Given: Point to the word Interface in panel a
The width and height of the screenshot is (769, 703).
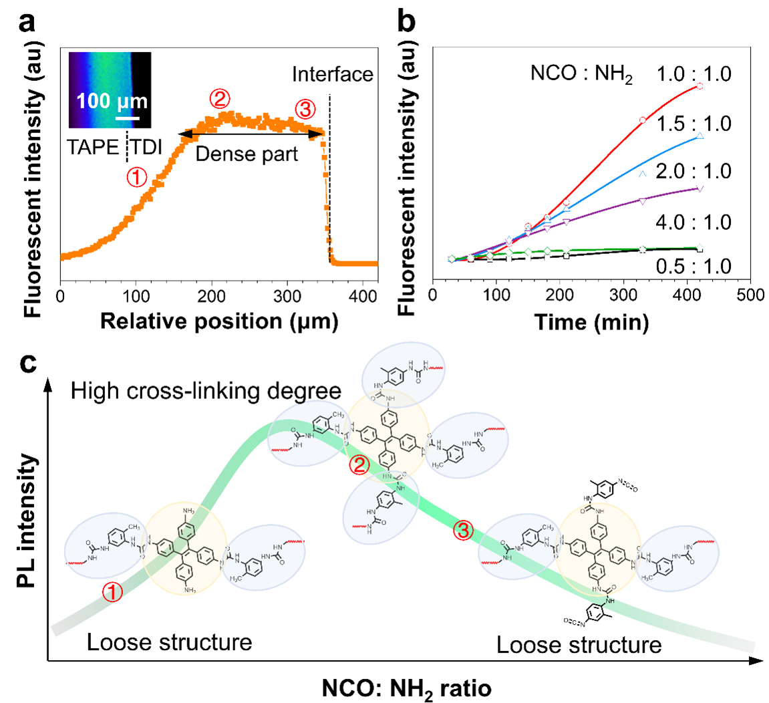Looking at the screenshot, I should click(333, 74).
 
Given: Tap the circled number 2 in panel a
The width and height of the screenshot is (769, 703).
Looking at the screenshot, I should click(220, 99).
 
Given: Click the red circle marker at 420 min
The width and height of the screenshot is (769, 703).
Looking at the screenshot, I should click(700, 86).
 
